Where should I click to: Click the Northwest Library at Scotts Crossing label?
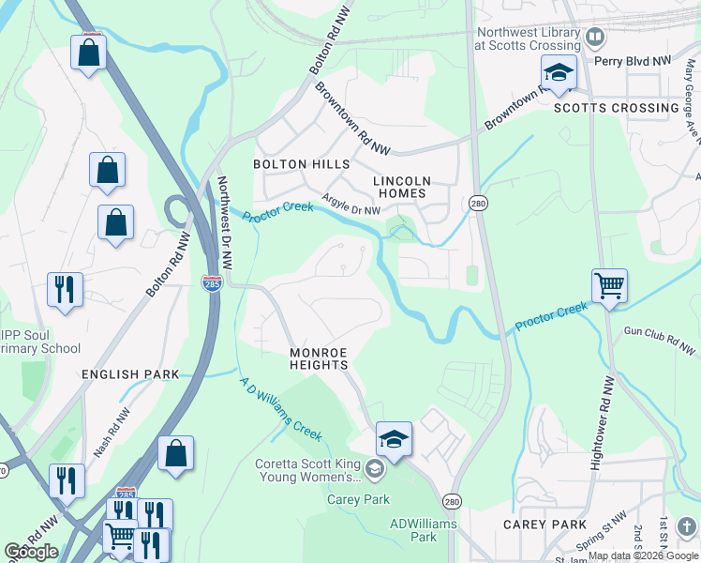[x=527, y=38]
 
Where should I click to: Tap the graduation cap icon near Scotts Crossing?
[x=559, y=73]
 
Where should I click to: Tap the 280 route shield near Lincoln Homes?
[x=477, y=204]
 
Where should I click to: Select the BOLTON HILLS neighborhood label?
[x=301, y=164]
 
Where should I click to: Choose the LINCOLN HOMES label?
[x=402, y=187]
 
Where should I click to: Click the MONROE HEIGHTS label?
[x=319, y=359]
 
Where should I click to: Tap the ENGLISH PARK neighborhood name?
[x=130, y=374]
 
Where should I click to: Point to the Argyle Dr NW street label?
[x=351, y=205]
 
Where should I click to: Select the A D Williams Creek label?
[x=280, y=409]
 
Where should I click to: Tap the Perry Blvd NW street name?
[x=633, y=60]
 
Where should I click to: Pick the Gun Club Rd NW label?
[x=661, y=341]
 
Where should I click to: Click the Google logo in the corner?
[x=32, y=552]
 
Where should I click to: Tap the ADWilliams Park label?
[x=423, y=530]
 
